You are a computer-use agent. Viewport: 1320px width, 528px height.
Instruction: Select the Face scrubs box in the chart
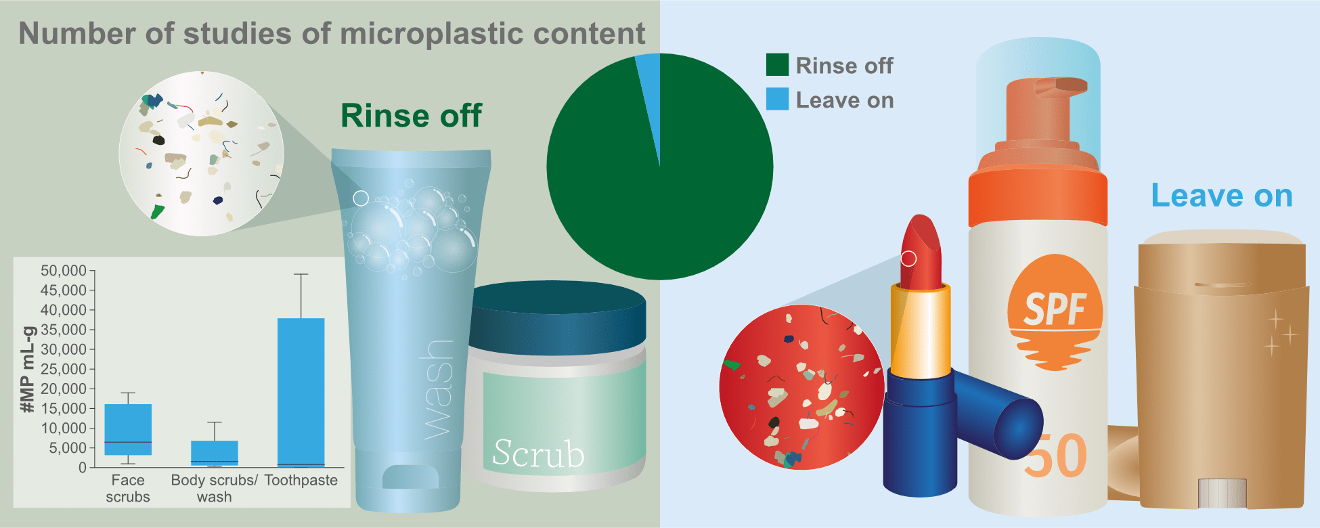(128, 429)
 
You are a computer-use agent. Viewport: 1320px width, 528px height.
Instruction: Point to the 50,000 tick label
(64, 271)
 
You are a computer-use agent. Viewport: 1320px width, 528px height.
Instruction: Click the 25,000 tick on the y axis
(64, 369)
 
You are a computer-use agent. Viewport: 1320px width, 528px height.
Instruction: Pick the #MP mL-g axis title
(28, 370)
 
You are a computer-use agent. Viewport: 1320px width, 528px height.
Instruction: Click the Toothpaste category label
(301, 480)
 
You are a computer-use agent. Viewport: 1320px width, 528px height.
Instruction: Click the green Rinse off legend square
(777, 65)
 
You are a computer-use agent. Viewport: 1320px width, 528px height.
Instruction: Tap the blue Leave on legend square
(777, 100)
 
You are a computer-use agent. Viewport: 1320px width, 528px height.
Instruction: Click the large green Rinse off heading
(411, 116)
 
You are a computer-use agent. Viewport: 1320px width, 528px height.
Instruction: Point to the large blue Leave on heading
(1222, 196)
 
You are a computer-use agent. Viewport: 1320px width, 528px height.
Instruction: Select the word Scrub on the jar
(538, 453)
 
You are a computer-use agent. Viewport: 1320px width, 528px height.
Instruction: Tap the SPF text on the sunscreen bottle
(1055, 309)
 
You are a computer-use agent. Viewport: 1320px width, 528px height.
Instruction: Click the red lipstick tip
(921, 250)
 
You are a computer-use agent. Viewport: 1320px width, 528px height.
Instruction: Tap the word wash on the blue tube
(436, 389)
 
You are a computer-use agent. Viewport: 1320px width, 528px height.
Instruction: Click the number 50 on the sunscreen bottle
(1056, 456)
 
